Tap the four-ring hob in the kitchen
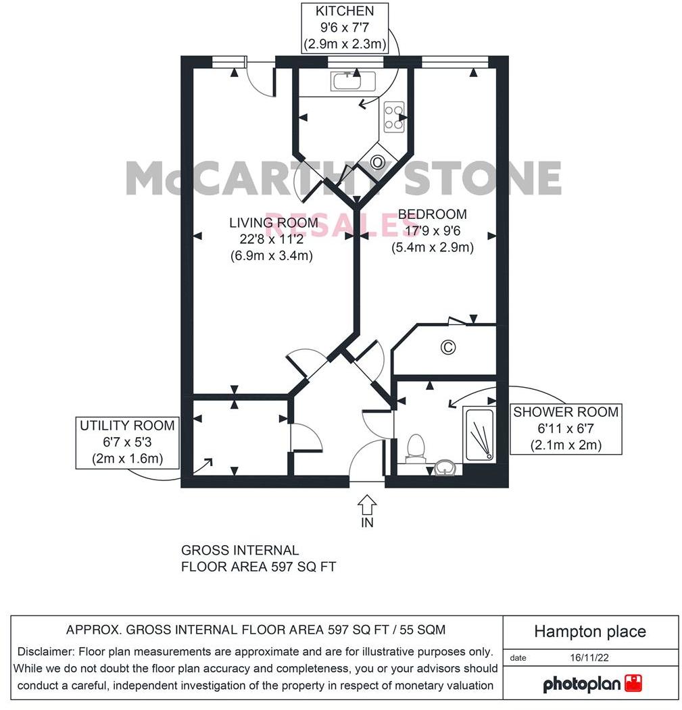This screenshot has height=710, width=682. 393,116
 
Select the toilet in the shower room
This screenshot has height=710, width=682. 416,447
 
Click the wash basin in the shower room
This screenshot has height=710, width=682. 444,467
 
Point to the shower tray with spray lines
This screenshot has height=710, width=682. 479,436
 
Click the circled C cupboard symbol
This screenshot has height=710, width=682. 447,347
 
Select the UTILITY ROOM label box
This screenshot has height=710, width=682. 127,442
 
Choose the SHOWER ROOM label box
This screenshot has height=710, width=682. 566,428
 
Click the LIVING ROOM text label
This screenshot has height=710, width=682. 273,223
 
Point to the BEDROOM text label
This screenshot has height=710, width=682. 432,214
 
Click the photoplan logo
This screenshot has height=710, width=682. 592,683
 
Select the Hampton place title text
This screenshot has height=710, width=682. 589,632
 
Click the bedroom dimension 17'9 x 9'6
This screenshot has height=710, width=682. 432,230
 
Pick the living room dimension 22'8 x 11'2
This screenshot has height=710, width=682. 273,239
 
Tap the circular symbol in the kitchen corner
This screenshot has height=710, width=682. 377,162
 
